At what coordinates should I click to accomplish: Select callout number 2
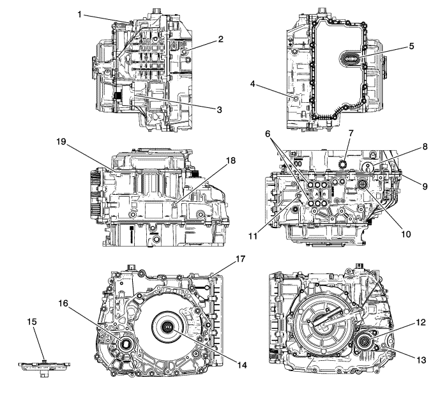[220, 40]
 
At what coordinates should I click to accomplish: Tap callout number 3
[219, 110]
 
